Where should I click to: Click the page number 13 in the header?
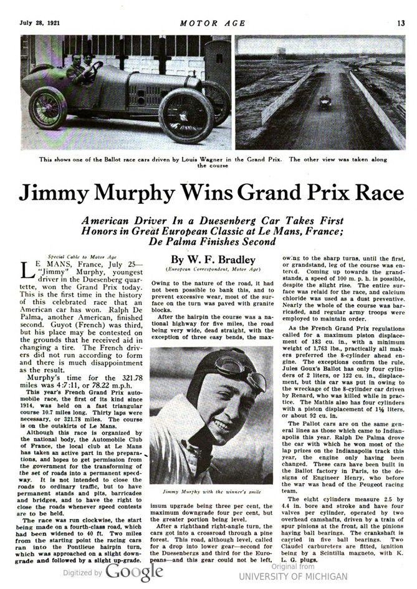[400, 24]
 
